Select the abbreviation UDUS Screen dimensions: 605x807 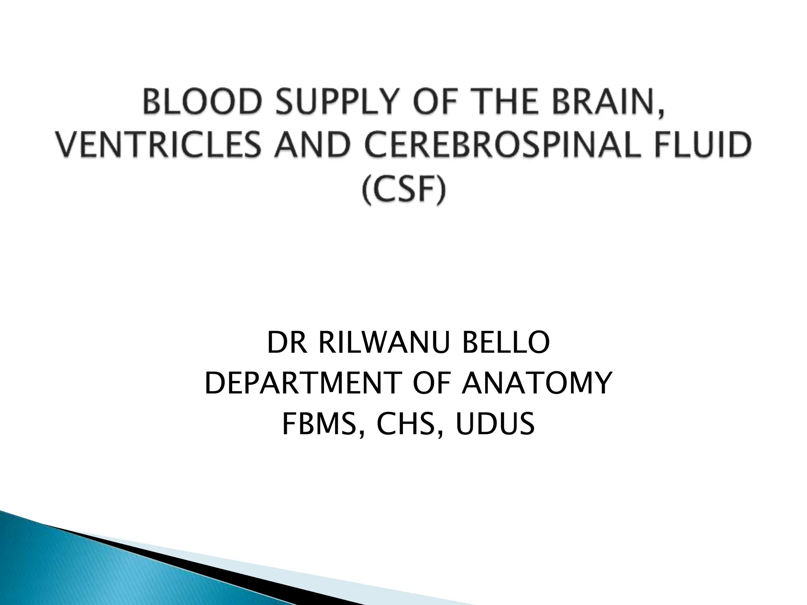coord(495,425)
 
